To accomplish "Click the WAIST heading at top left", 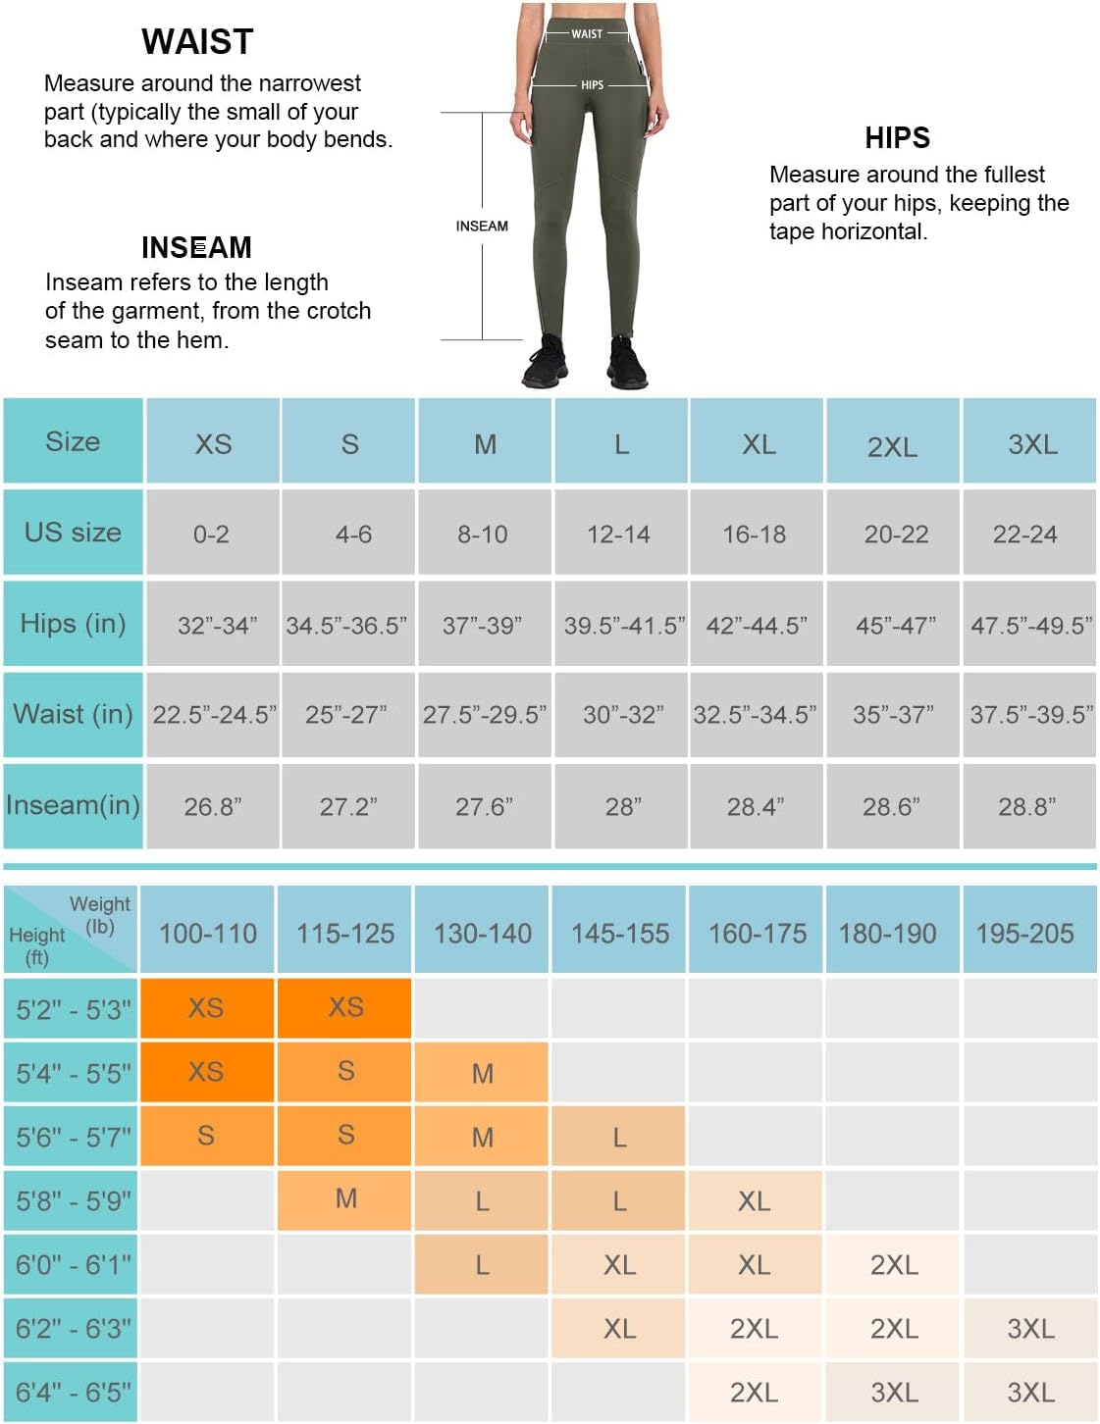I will pos(197,42).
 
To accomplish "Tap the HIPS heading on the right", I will pos(897,138).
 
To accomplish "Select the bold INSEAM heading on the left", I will pos(196,247).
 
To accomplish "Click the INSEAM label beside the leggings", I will pos(482,227).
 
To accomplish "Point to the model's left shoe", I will pos(627,365).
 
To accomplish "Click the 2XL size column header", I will pos(892,446).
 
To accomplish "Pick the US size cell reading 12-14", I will pos(618,534).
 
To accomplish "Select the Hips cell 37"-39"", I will pos(482,626).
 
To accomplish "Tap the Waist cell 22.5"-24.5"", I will pos(214,715).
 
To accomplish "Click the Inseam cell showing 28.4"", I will pos(755,807).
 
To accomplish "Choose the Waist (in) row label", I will pos(73,714).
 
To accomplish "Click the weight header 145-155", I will pos(620,934).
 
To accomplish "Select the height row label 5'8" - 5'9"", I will pos(73,1200).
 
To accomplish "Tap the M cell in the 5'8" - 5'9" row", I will pos(345,1198).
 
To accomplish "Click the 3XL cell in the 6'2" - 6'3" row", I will pos(1030,1329).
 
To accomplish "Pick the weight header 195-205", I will pos(1024,934).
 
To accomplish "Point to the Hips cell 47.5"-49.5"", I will pos(1030,626).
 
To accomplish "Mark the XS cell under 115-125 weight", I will pos(345,1007).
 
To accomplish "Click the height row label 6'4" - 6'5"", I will pos(73,1392).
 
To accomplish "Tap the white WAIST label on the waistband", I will pos(587,34).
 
